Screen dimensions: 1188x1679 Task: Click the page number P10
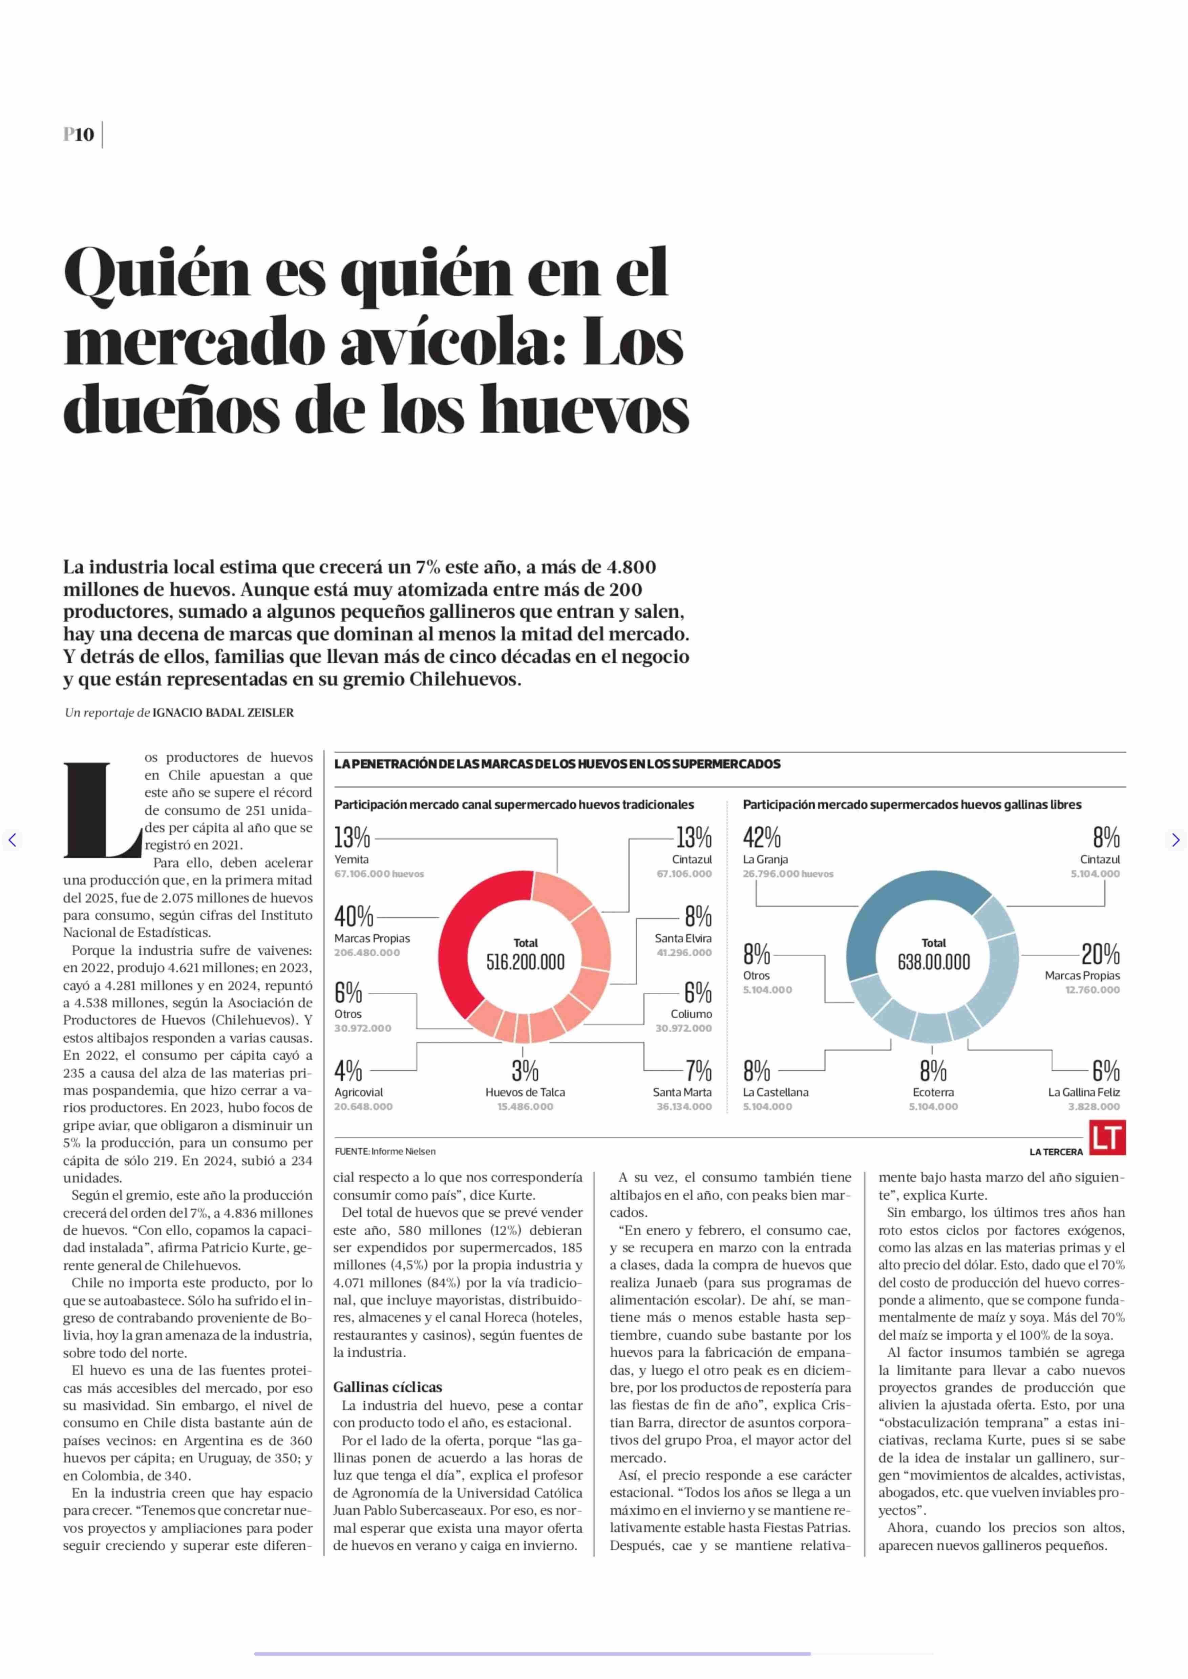(x=79, y=135)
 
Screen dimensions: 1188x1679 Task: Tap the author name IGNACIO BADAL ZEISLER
(x=223, y=713)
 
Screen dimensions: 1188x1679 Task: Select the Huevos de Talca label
(x=525, y=1092)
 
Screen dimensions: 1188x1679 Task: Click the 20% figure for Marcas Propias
(x=1101, y=954)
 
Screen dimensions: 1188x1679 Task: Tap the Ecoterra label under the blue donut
(x=933, y=1092)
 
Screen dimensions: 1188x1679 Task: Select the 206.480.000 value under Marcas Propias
(x=367, y=953)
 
